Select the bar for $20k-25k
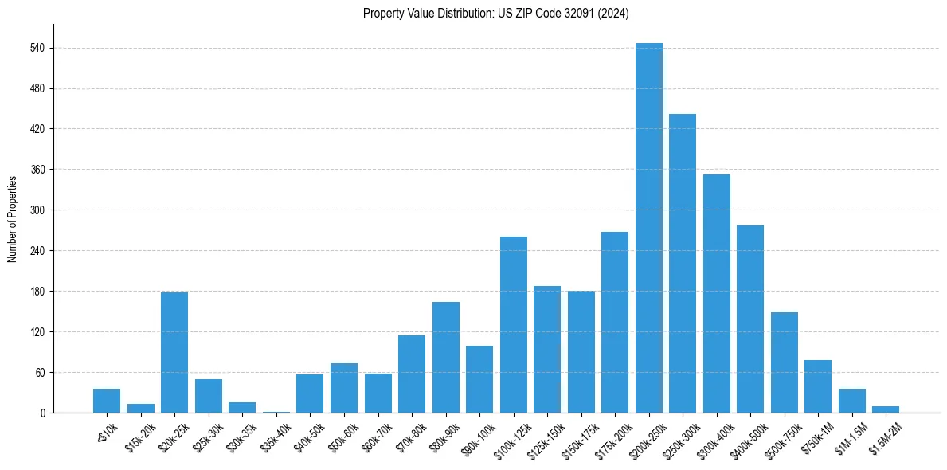pyautogui.click(x=174, y=352)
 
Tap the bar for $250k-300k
pyautogui.click(x=683, y=263)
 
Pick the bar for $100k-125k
pyautogui.click(x=514, y=324)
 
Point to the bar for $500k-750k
pyautogui.click(x=784, y=362)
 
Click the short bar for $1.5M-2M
pyautogui.click(x=885, y=409)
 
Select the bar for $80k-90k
pyautogui.click(x=446, y=357)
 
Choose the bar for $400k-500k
pyautogui.click(x=750, y=319)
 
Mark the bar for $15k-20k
pyautogui.click(x=141, y=408)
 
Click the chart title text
pyautogui.click(x=496, y=14)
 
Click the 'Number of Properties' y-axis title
pyautogui.click(x=13, y=218)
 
